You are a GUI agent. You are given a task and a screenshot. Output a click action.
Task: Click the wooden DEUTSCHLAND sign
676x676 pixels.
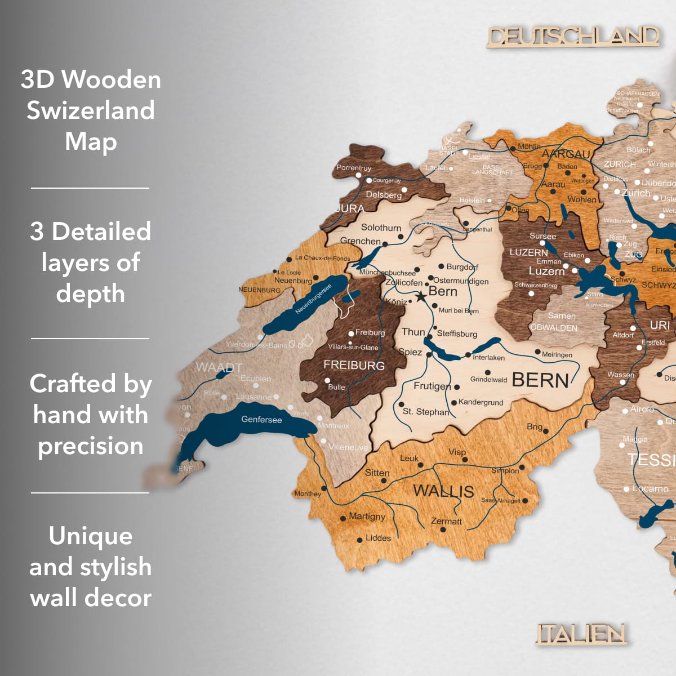tap(573, 37)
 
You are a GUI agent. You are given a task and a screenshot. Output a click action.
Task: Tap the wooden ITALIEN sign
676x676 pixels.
tap(581, 634)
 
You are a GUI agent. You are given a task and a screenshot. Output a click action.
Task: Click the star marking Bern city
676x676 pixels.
tap(420, 296)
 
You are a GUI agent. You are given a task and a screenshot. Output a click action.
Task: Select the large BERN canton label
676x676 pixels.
tap(540, 380)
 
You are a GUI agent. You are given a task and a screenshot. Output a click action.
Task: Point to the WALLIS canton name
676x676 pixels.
tap(443, 491)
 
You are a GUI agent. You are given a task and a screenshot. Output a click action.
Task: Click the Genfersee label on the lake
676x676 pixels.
tap(261, 420)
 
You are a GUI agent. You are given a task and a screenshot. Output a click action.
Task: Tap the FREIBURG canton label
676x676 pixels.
tap(354, 366)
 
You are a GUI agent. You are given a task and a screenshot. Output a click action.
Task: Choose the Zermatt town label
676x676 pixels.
tap(446, 521)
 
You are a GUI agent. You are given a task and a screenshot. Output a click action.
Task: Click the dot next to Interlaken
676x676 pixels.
tap(468, 355)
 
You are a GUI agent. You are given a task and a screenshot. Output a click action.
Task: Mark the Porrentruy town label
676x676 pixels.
tap(354, 168)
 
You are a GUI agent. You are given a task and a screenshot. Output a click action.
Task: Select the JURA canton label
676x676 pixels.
tap(350, 208)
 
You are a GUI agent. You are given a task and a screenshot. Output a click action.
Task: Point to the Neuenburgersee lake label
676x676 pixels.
tap(313, 299)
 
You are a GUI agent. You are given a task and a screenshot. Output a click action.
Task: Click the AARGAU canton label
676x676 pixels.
tap(566, 154)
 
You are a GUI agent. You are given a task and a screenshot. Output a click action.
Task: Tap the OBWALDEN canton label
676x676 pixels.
tap(554, 328)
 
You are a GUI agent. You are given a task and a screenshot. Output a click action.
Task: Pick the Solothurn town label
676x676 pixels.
tap(381, 228)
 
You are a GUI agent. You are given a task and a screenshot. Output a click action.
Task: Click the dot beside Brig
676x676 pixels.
tap(546, 432)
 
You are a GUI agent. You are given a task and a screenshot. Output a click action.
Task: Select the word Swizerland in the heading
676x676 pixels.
tap(91, 110)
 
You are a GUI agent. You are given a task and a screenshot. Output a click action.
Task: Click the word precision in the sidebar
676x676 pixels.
tap(91, 446)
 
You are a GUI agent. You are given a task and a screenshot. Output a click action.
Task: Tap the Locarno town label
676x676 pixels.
tap(650, 488)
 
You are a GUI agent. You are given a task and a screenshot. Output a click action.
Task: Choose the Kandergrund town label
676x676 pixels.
tap(481, 402)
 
